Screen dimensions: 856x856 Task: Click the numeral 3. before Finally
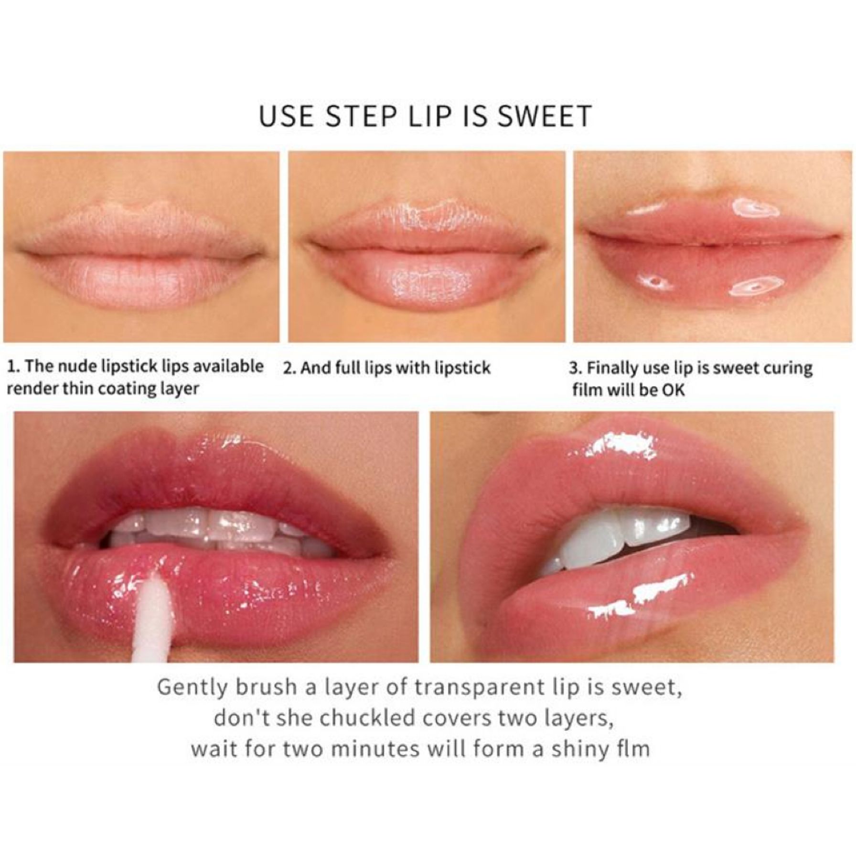(x=575, y=368)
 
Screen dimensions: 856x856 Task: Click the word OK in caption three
(x=673, y=390)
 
